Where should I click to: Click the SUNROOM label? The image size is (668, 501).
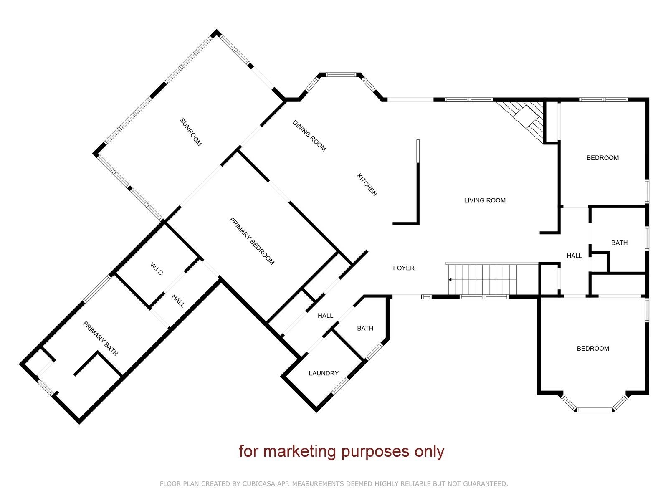click(190, 132)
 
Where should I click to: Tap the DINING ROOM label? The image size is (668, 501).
click(309, 136)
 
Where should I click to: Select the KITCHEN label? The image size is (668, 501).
click(367, 185)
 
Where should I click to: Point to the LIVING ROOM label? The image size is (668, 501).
click(484, 200)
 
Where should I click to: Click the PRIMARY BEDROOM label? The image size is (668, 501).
click(252, 241)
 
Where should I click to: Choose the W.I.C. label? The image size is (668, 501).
click(157, 270)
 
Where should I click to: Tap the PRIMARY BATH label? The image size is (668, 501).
click(100, 338)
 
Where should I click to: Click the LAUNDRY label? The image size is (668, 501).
click(324, 373)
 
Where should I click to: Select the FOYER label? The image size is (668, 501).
click(404, 268)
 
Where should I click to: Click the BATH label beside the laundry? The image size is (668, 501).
click(365, 328)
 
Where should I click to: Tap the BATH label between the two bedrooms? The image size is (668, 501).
click(619, 243)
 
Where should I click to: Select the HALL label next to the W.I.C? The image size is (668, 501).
click(178, 300)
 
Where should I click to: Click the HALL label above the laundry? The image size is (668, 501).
click(325, 316)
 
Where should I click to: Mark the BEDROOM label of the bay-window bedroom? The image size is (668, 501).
click(593, 349)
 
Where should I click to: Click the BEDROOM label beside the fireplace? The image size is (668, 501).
click(602, 158)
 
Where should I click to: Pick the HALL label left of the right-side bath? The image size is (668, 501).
click(574, 256)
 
